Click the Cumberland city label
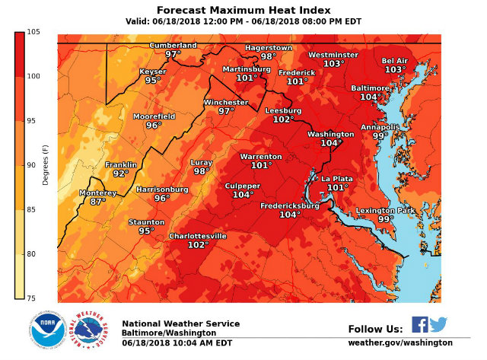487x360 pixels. [172, 45]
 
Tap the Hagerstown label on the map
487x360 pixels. [268, 47]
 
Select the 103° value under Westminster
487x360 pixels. [333, 64]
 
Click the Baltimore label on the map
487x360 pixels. [370, 88]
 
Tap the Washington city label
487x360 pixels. [330, 134]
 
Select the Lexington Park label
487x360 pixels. [385, 210]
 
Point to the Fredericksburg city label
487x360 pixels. [289, 205]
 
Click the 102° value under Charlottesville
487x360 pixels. [198, 245]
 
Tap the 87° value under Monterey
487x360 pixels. [98, 202]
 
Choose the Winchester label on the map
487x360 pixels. [225, 102]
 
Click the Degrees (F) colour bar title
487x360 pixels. [46, 165]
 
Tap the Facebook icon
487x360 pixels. [419, 325]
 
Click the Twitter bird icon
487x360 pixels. [438, 325]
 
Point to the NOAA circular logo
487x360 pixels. [47, 330]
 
